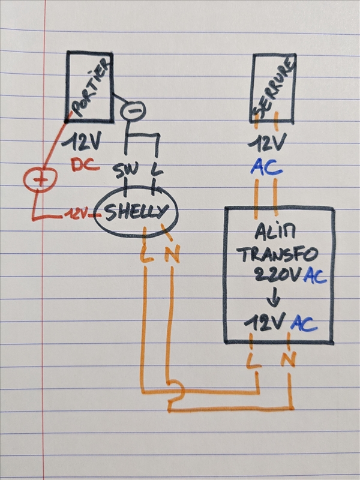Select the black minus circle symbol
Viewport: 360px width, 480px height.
coord(135,110)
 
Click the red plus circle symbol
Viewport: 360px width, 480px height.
coord(40,178)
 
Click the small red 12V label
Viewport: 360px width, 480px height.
coord(78,212)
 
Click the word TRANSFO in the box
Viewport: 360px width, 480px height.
coord(277,254)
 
